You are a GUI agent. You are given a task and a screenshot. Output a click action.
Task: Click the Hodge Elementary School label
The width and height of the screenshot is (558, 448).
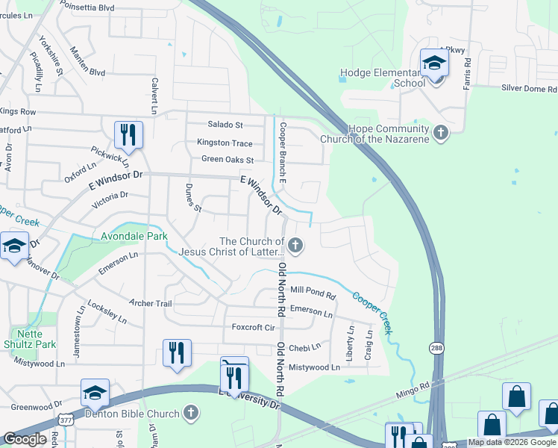pos(382,78)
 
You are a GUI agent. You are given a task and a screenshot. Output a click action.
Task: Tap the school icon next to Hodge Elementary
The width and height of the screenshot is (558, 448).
pos(433,64)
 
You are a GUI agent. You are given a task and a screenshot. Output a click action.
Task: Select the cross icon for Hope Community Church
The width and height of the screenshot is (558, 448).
pos(441,133)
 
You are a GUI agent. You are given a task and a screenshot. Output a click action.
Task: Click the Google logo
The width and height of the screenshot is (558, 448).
pos(25,439)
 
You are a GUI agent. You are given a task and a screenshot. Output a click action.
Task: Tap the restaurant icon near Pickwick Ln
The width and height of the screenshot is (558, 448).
pos(128,135)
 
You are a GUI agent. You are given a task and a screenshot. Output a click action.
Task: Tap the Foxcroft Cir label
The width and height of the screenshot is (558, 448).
pos(254,327)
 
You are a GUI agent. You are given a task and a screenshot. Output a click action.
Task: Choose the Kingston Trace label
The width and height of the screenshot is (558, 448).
pos(225,143)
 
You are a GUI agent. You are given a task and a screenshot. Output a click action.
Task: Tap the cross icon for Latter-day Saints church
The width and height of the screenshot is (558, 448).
pos(296,244)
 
